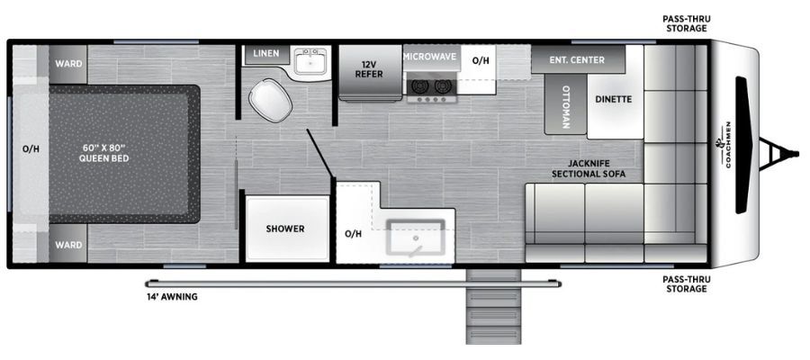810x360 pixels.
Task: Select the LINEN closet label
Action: tap(266, 53)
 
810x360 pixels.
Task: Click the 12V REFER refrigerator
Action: tap(370, 71)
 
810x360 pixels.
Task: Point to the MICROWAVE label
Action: tap(430, 57)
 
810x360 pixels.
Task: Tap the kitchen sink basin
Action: tap(415, 237)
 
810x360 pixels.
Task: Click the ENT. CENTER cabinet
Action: tap(578, 59)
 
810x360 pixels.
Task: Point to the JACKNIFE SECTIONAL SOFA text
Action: tap(589, 168)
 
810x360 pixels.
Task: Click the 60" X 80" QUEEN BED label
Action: tap(103, 153)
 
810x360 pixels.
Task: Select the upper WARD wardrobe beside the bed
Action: tap(68, 64)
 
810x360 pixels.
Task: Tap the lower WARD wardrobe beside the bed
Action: tap(68, 244)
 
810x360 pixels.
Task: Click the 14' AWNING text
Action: tap(172, 297)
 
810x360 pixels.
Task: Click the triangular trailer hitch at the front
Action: tap(778, 153)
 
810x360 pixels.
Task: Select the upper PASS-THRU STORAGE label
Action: tap(686, 23)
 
